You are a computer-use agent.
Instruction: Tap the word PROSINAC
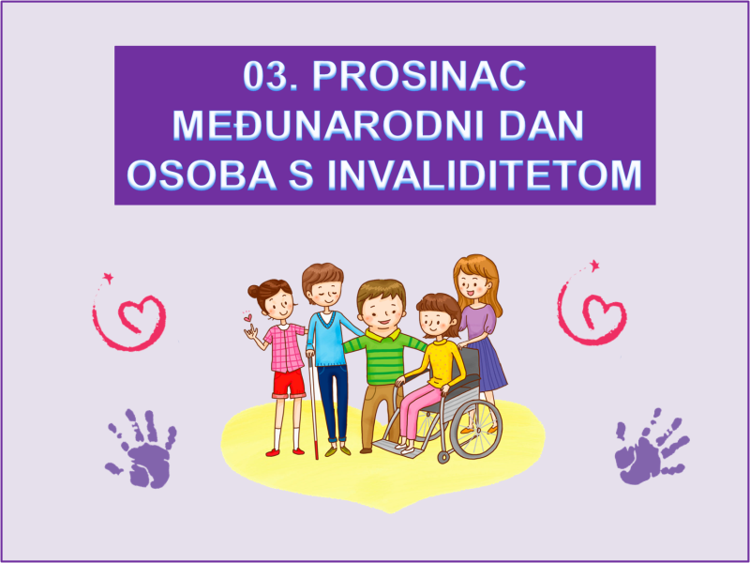coord(419,76)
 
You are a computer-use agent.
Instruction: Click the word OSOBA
coord(202,175)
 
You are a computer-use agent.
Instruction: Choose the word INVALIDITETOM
coord(484,175)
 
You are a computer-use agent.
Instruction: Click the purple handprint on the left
coord(142,449)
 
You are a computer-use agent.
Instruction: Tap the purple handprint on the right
coord(651,447)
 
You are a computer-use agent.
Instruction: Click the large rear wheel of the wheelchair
coord(475,430)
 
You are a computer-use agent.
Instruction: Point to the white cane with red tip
coord(313,407)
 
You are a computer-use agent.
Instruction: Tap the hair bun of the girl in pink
coord(253,292)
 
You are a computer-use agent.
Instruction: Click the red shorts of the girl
coord(289,383)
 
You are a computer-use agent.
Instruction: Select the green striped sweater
coord(384,356)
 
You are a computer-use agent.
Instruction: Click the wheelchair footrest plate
coord(397,449)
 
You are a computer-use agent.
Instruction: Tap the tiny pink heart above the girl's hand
coord(247,317)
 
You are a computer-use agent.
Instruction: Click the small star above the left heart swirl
coord(109,277)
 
